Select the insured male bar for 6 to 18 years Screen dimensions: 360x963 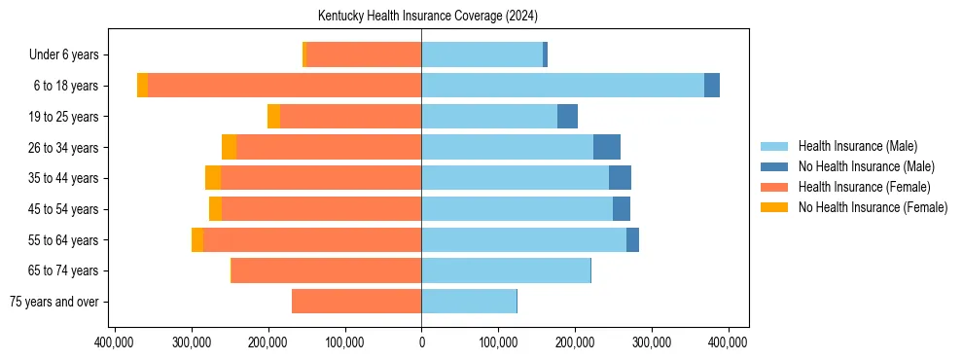[x=562, y=86]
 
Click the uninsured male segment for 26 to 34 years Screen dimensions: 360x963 [x=607, y=147]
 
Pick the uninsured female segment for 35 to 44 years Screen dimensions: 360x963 [x=213, y=178]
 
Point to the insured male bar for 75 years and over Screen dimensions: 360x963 [x=469, y=302]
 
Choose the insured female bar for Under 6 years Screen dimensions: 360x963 [x=364, y=54]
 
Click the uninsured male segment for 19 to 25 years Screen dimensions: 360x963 [x=567, y=117]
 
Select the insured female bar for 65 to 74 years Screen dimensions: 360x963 [x=326, y=270]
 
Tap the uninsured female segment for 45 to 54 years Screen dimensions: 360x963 [x=215, y=209]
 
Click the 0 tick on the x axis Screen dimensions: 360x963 [x=421, y=342]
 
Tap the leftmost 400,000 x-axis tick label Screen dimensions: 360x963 [x=116, y=342]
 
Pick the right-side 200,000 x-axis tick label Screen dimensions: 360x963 [x=575, y=342]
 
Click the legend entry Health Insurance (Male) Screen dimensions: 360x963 [x=857, y=146]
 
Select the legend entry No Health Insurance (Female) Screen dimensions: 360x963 [x=873, y=207]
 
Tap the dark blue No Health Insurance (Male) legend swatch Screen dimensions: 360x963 [x=775, y=166]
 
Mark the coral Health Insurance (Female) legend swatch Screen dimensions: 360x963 [x=775, y=187]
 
